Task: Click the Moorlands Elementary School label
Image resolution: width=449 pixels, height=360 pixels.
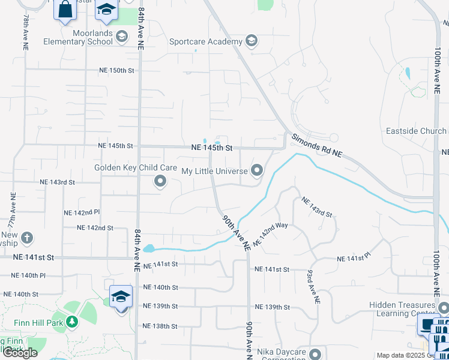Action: point(77,37)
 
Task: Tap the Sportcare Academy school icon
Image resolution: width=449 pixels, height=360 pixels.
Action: point(252,41)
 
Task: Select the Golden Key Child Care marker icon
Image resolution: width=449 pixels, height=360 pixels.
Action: point(160,181)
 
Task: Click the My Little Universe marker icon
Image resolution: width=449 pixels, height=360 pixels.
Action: point(258,172)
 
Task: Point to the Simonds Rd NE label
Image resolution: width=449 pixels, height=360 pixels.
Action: point(317,146)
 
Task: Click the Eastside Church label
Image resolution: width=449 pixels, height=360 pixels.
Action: point(415,131)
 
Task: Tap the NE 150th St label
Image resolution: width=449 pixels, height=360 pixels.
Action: point(116,71)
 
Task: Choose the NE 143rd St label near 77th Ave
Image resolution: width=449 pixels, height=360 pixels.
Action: point(57,182)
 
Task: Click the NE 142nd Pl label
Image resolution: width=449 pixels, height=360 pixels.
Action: point(82,212)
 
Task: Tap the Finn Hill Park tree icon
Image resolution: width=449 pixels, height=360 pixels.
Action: point(72,322)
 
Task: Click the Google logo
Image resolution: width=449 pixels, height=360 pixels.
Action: point(20,353)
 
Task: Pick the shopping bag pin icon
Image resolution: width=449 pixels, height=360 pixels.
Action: point(65,9)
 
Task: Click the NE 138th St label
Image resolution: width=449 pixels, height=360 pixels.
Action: point(160,326)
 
